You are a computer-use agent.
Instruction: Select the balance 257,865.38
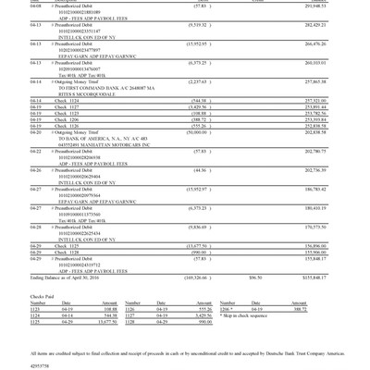click(314, 80)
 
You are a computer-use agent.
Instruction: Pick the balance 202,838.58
click(314, 132)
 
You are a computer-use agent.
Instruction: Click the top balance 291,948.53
click(314, 6)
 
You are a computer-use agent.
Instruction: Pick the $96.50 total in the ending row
click(254, 277)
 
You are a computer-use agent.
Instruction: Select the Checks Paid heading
click(43, 297)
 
